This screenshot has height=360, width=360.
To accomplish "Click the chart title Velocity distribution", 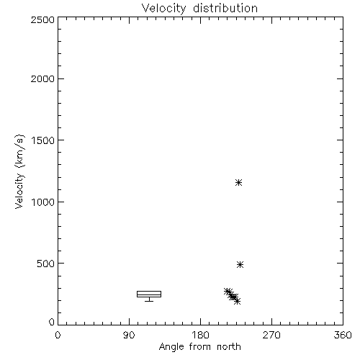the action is pyautogui.click(x=199, y=9).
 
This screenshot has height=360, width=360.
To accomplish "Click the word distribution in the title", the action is pyautogui.click(x=225, y=8).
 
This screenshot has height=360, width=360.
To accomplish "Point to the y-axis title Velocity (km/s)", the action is pyautogui.click(x=19, y=171).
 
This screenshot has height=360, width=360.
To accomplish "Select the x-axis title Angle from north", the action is pyautogui.click(x=199, y=346).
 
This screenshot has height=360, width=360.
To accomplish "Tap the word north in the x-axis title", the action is pyautogui.click(x=229, y=346).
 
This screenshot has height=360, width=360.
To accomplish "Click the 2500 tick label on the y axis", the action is pyautogui.click(x=42, y=19).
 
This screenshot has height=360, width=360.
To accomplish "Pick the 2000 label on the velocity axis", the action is pyautogui.click(x=42, y=78).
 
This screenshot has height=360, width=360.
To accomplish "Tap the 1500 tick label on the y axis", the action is pyautogui.click(x=43, y=140).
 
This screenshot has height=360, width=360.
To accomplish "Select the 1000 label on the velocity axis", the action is pyautogui.click(x=43, y=202).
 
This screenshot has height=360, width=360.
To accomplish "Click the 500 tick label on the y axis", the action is pyautogui.click(x=46, y=264).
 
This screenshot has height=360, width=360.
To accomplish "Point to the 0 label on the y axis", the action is pyautogui.click(x=52, y=322).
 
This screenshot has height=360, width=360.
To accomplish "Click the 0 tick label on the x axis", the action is pyautogui.click(x=58, y=335).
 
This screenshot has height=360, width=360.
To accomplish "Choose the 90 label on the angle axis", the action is pyautogui.click(x=129, y=335).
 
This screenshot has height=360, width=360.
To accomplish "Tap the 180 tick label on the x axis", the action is pyautogui.click(x=200, y=335).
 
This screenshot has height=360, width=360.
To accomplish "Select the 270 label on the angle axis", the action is pyautogui.click(x=271, y=335).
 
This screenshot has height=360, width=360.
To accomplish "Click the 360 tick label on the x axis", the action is pyautogui.click(x=343, y=335).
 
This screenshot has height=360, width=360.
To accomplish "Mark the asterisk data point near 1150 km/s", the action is pyautogui.click(x=238, y=182).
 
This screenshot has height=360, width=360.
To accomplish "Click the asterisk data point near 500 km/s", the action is pyautogui.click(x=240, y=264).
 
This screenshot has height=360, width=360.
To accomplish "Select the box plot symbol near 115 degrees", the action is pyautogui.click(x=149, y=294).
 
